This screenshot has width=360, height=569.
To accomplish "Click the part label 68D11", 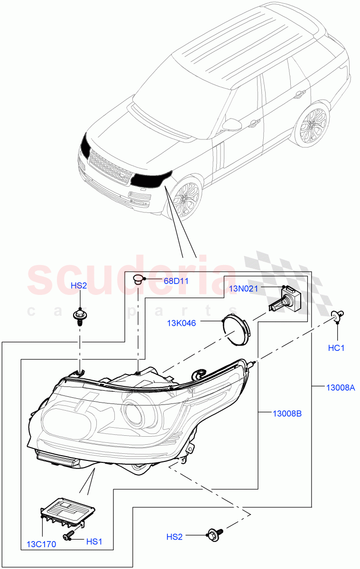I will click(x=176, y=281).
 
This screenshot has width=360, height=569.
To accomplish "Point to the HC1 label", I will click(x=336, y=348).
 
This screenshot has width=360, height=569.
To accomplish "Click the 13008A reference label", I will click(x=340, y=387).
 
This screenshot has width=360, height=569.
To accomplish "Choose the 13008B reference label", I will click(x=287, y=413).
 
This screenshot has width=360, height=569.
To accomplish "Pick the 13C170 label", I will click(x=42, y=544).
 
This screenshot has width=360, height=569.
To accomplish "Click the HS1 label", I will click(x=94, y=541).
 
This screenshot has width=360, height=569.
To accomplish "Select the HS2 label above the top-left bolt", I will click(x=79, y=285).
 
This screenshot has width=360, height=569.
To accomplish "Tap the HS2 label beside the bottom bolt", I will click(x=174, y=536).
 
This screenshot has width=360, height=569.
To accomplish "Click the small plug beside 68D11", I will click(x=138, y=279).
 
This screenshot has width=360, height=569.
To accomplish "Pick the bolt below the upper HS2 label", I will click(x=80, y=316).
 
